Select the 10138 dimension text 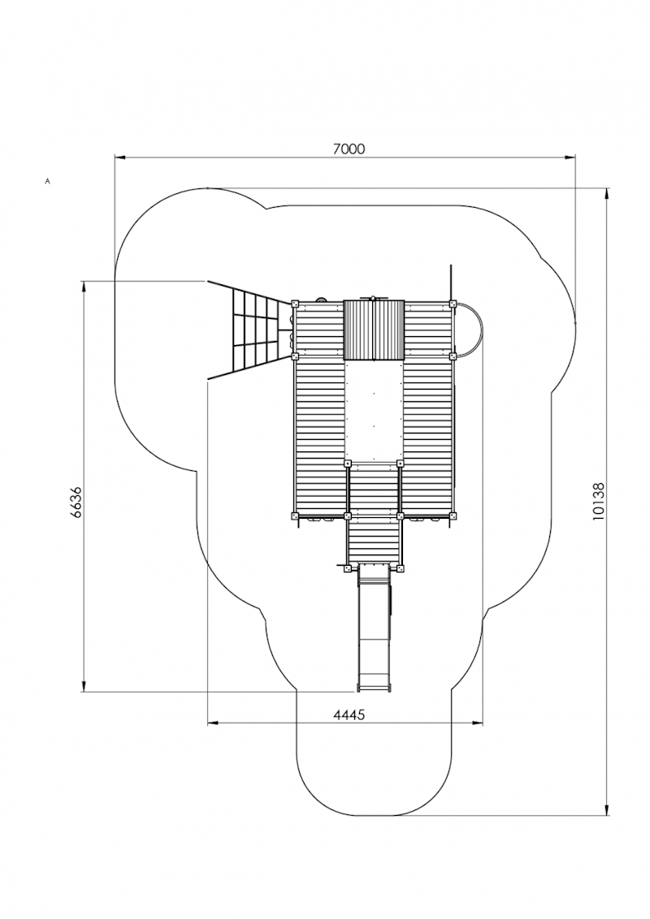coord(599,501)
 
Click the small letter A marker coord(48,181)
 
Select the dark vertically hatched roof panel coord(374,330)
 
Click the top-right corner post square coord(453,304)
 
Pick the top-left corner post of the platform coord(295,304)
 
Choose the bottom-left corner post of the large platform coord(295,516)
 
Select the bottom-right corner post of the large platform coord(453,516)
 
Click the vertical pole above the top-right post coord(448,280)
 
